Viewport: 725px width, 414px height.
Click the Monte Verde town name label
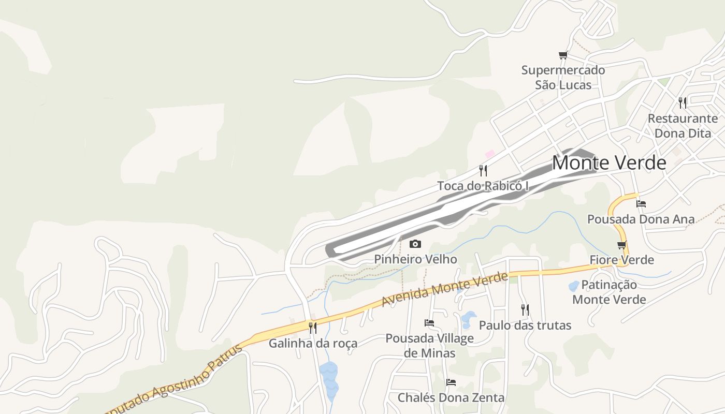click(609, 162)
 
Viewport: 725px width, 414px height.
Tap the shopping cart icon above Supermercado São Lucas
click(563, 55)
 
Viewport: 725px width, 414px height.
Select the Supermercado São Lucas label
click(563, 77)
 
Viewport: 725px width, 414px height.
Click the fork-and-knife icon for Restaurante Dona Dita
click(683, 102)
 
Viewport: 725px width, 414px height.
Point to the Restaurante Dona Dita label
click(683, 126)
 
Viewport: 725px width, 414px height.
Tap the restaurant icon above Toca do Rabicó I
click(483, 170)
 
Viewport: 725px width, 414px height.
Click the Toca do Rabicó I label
click(483, 186)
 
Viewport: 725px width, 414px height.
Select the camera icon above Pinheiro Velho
click(415, 244)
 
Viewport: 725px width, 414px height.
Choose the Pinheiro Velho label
click(415, 259)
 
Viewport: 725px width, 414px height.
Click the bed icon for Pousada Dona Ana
click(641, 203)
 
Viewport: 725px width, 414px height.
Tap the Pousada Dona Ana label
click(641, 219)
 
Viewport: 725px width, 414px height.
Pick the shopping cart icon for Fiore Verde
click(622, 245)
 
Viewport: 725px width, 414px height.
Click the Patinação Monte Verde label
click(609, 292)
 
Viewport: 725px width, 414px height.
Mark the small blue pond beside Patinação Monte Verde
click(574, 286)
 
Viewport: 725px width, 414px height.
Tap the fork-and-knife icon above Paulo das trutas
click(525, 309)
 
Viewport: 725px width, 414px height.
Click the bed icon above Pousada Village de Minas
click(429, 323)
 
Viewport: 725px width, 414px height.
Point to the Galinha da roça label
click(313, 343)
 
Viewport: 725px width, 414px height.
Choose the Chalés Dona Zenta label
click(451, 398)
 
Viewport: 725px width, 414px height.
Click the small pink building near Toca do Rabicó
click(489, 154)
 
